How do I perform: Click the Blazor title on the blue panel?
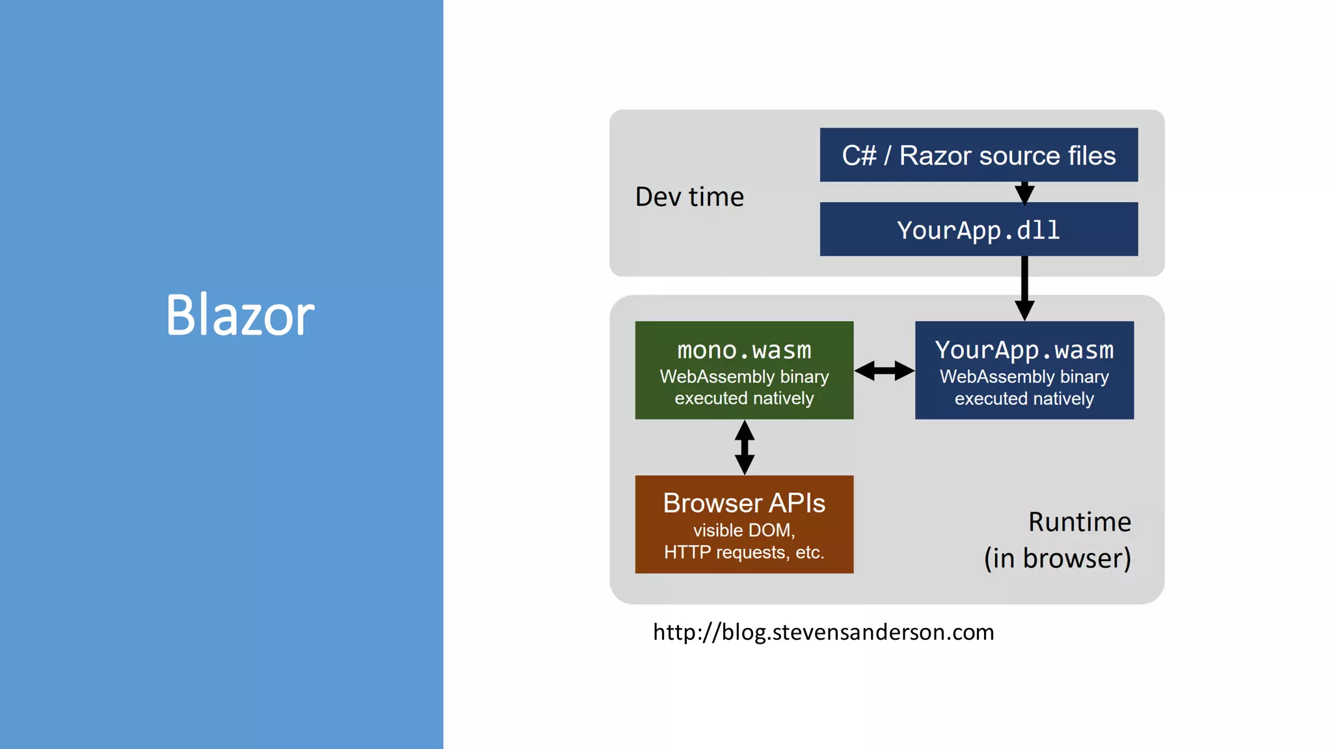(x=240, y=315)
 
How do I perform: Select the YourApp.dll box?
(x=978, y=230)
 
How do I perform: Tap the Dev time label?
(x=689, y=197)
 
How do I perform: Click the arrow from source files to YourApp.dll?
(x=1024, y=192)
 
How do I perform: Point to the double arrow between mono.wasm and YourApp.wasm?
(x=884, y=371)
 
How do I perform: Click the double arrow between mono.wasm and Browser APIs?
(x=744, y=447)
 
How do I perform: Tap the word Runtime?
(x=1079, y=522)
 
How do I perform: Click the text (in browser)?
(x=1057, y=558)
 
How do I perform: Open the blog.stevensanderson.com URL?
(x=823, y=632)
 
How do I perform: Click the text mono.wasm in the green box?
(x=744, y=350)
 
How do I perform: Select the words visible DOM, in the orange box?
(x=744, y=531)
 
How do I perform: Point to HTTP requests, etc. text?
(x=744, y=553)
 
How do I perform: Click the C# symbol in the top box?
(x=859, y=155)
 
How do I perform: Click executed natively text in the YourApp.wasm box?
(x=1024, y=399)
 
